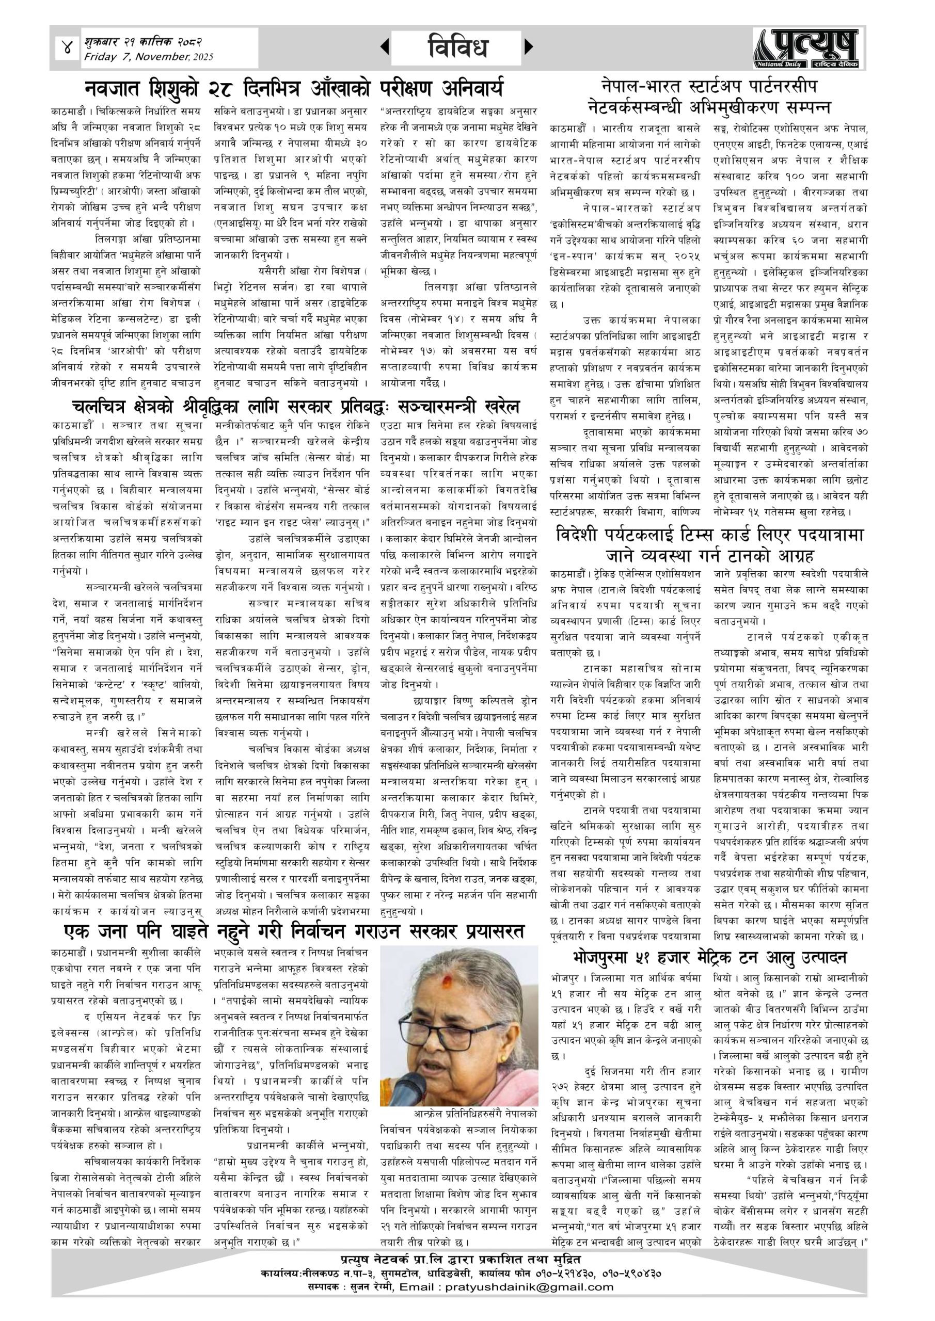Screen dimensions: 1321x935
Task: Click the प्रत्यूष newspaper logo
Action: coord(809,49)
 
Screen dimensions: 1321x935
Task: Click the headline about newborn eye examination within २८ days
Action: coord(294,89)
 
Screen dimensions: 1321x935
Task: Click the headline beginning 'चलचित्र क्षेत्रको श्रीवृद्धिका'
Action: coord(296,407)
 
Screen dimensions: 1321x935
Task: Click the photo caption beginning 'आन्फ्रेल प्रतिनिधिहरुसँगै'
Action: coord(458,1113)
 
